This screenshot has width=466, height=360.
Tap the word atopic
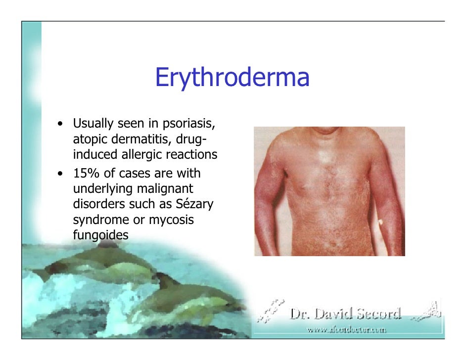[88, 139]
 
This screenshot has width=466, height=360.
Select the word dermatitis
[130, 139]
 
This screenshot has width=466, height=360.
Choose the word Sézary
[189, 205]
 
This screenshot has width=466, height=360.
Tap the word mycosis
[174, 220]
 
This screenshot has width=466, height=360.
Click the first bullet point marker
[60, 123]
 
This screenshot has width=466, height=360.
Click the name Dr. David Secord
[345, 314]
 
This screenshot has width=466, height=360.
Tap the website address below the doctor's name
[346, 329]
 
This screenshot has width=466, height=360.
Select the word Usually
[93, 123]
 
